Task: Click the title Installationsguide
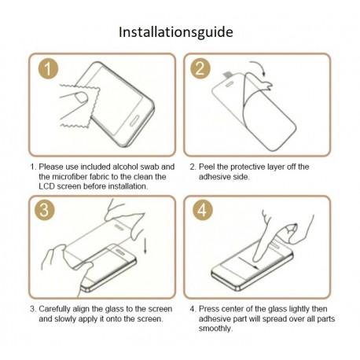coord(176,32)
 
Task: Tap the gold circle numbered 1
coord(48,68)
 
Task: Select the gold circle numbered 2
coord(200,68)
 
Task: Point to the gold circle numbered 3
coord(44,210)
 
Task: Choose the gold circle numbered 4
coord(202,210)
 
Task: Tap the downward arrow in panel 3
coord(145,244)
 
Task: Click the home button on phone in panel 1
coord(134,120)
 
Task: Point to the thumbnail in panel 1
coord(81,97)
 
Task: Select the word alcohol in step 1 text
coord(125,167)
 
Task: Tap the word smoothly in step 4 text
coord(215,329)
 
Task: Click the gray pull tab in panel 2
coord(227,75)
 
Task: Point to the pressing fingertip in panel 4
coord(257,258)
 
